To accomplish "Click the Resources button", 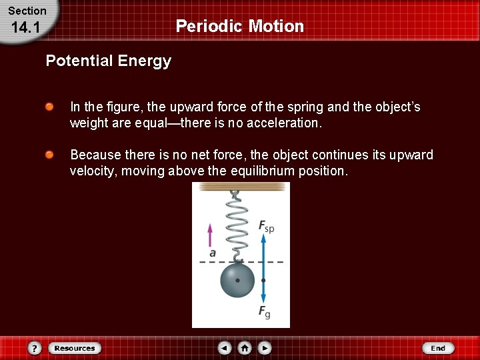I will [75, 348].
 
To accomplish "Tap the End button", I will [438, 348].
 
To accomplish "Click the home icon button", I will [245, 348].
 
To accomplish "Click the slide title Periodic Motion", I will [239, 27].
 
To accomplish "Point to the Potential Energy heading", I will [108, 61].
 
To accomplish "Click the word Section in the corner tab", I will [27, 11].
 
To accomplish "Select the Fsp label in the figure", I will [266, 227].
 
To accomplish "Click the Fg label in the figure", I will [264, 311].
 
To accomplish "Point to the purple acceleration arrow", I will [211, 235].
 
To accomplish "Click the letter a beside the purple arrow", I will [213, 253].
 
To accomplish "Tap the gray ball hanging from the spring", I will [237, 280].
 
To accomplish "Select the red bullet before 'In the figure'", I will [49, 107].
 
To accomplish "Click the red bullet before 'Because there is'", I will [49, 155].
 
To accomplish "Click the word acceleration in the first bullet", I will [287, 124].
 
